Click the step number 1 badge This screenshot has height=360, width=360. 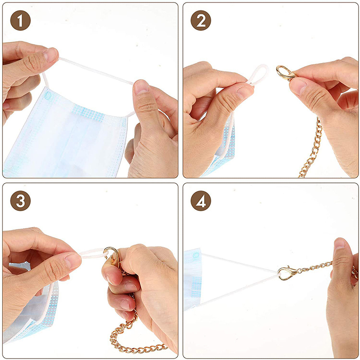point(20,20)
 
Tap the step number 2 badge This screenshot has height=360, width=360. point(201,20)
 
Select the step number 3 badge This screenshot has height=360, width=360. point(20,201)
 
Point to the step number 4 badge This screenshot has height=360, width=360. point(201,201)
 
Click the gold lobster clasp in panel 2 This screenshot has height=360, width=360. point(285,72)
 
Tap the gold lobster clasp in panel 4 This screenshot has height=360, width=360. point(287,273)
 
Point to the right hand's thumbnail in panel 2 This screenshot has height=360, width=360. point(298,86)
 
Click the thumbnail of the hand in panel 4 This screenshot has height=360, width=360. point(340,243)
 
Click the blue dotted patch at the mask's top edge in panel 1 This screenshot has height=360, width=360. point(88,113)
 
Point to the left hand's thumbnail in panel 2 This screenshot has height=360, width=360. point(245,92)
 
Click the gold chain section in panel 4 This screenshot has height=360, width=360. point(315,267)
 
